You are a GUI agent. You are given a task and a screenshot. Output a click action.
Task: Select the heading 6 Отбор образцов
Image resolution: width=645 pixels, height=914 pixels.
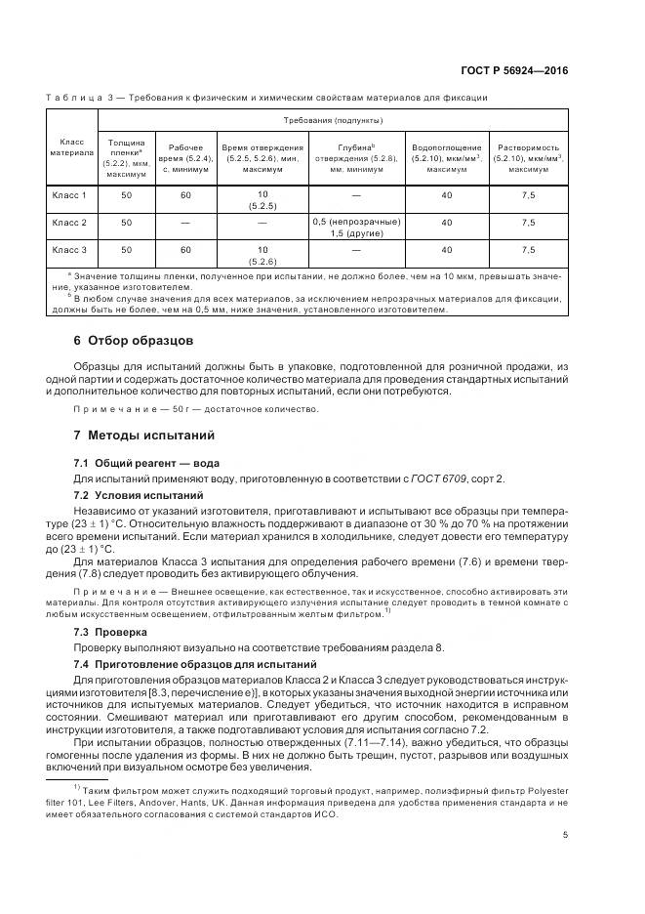click(134, 341)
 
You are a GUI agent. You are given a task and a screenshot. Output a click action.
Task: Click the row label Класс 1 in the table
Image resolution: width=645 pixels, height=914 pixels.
click(69, 195)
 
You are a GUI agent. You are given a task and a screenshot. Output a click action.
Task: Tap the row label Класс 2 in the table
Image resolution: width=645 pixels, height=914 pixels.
click(69, 223)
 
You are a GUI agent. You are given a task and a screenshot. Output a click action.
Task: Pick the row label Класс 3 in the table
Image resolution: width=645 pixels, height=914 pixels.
click(69, 250)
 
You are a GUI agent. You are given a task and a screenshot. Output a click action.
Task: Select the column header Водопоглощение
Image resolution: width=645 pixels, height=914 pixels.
click(446, 147)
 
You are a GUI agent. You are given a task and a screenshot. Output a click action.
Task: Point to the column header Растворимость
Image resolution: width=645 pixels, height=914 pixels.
click(527, 147)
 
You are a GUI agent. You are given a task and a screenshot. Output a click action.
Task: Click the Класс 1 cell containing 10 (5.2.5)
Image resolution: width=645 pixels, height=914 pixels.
click(262, 201)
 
